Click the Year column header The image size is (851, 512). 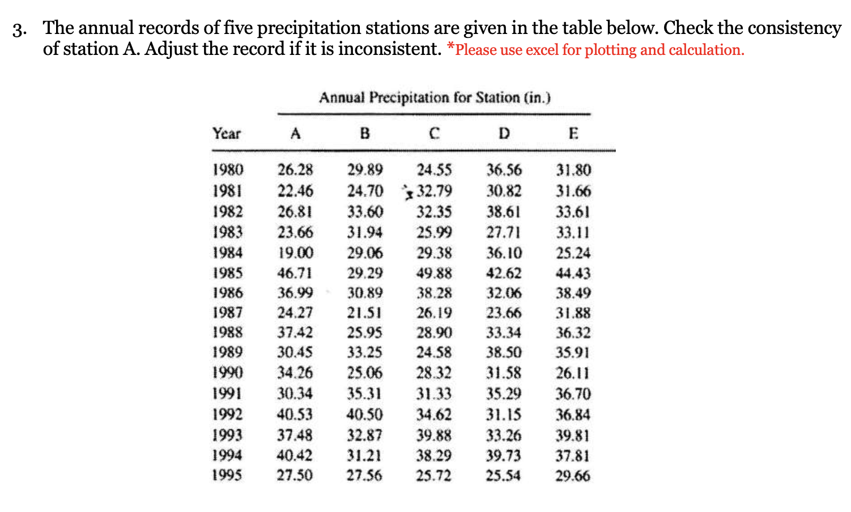point(227,134)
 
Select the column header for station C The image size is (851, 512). point(434,134)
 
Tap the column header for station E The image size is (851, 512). point(573,134)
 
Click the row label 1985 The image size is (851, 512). point(228,273)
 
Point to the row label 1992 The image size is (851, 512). point(228,415)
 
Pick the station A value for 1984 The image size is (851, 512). point(295,253)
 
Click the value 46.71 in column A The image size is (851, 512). point(295,273)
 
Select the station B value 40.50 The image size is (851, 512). point(365,415)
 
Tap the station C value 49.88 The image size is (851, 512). point(435,273)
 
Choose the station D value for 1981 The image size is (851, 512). point(504,191)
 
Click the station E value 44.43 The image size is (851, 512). point(573,273)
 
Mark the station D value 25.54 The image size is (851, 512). point(504,476)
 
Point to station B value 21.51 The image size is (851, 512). point(365,313)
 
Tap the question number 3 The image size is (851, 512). point(20,29)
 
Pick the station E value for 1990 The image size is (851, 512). point(573,373)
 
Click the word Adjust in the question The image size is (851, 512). point(172,49)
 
